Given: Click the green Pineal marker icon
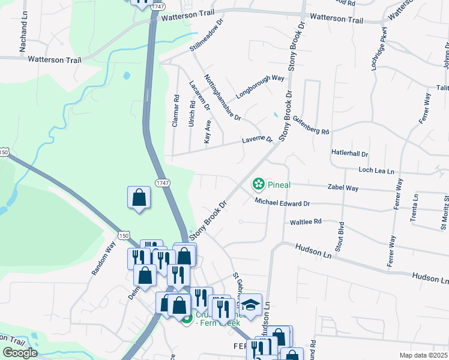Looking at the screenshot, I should click(259, 184).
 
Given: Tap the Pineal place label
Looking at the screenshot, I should click(279, 184).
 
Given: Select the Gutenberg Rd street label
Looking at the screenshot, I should click(312, 125).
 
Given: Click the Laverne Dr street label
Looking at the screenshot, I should click(257, 140).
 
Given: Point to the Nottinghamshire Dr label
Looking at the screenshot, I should click(222, 97).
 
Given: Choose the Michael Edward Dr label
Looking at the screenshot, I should click(282, 203).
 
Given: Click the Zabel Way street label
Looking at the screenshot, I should click(343, 188).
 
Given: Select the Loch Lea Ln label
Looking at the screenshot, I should click(376, 170).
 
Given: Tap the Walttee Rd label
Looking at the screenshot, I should click(306, 221).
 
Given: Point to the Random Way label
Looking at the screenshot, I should click(103, 258).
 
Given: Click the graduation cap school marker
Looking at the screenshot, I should click(251, 303).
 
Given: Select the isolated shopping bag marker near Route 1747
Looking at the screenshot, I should click(139, 197).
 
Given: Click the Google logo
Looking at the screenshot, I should click(20, 353).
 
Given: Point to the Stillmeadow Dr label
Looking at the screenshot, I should click(206, 35).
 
